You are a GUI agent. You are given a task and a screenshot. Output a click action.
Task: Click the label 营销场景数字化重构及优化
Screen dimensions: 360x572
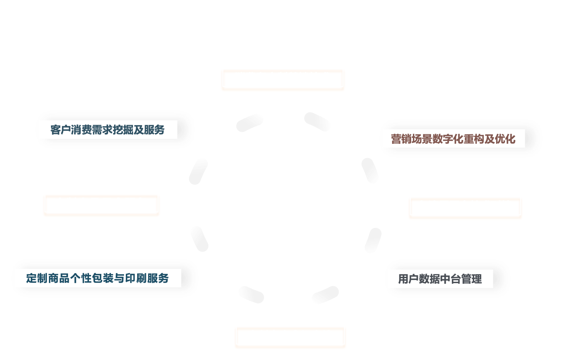(453, 139)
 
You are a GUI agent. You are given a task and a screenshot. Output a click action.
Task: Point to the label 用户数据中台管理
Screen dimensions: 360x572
(440, 279)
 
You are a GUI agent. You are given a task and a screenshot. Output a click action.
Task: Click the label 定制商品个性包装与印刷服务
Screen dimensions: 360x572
(97, 278)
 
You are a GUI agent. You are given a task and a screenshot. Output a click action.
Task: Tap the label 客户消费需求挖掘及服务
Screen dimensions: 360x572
(107, 130)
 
